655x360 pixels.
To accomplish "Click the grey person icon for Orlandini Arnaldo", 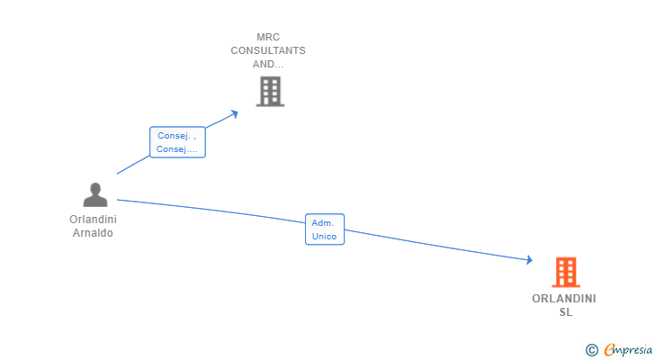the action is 95,194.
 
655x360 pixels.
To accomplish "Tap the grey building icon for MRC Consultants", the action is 270,91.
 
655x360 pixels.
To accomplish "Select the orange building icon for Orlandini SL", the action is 566,272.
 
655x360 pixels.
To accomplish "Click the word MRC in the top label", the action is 268,37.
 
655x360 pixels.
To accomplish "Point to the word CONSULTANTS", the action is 268,50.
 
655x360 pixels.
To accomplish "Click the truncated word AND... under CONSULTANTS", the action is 268,64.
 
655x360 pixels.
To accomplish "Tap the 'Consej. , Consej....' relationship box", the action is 177,142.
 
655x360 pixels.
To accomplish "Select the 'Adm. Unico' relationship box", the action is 325,229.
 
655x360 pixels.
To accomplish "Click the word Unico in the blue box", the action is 324,237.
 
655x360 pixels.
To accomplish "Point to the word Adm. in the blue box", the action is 322,223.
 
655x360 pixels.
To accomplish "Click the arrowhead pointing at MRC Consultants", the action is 235,114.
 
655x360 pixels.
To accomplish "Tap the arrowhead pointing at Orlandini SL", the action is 530,260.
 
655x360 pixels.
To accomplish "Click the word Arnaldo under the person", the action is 93,233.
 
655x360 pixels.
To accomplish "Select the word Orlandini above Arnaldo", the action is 94,220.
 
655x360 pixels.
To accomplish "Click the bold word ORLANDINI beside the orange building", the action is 564,299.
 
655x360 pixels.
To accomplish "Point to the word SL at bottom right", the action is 566,312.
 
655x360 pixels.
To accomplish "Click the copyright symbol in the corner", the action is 591,350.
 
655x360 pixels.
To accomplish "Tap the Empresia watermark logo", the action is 628,350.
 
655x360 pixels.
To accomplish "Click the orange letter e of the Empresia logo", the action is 610,349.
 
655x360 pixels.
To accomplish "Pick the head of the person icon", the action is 95,189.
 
